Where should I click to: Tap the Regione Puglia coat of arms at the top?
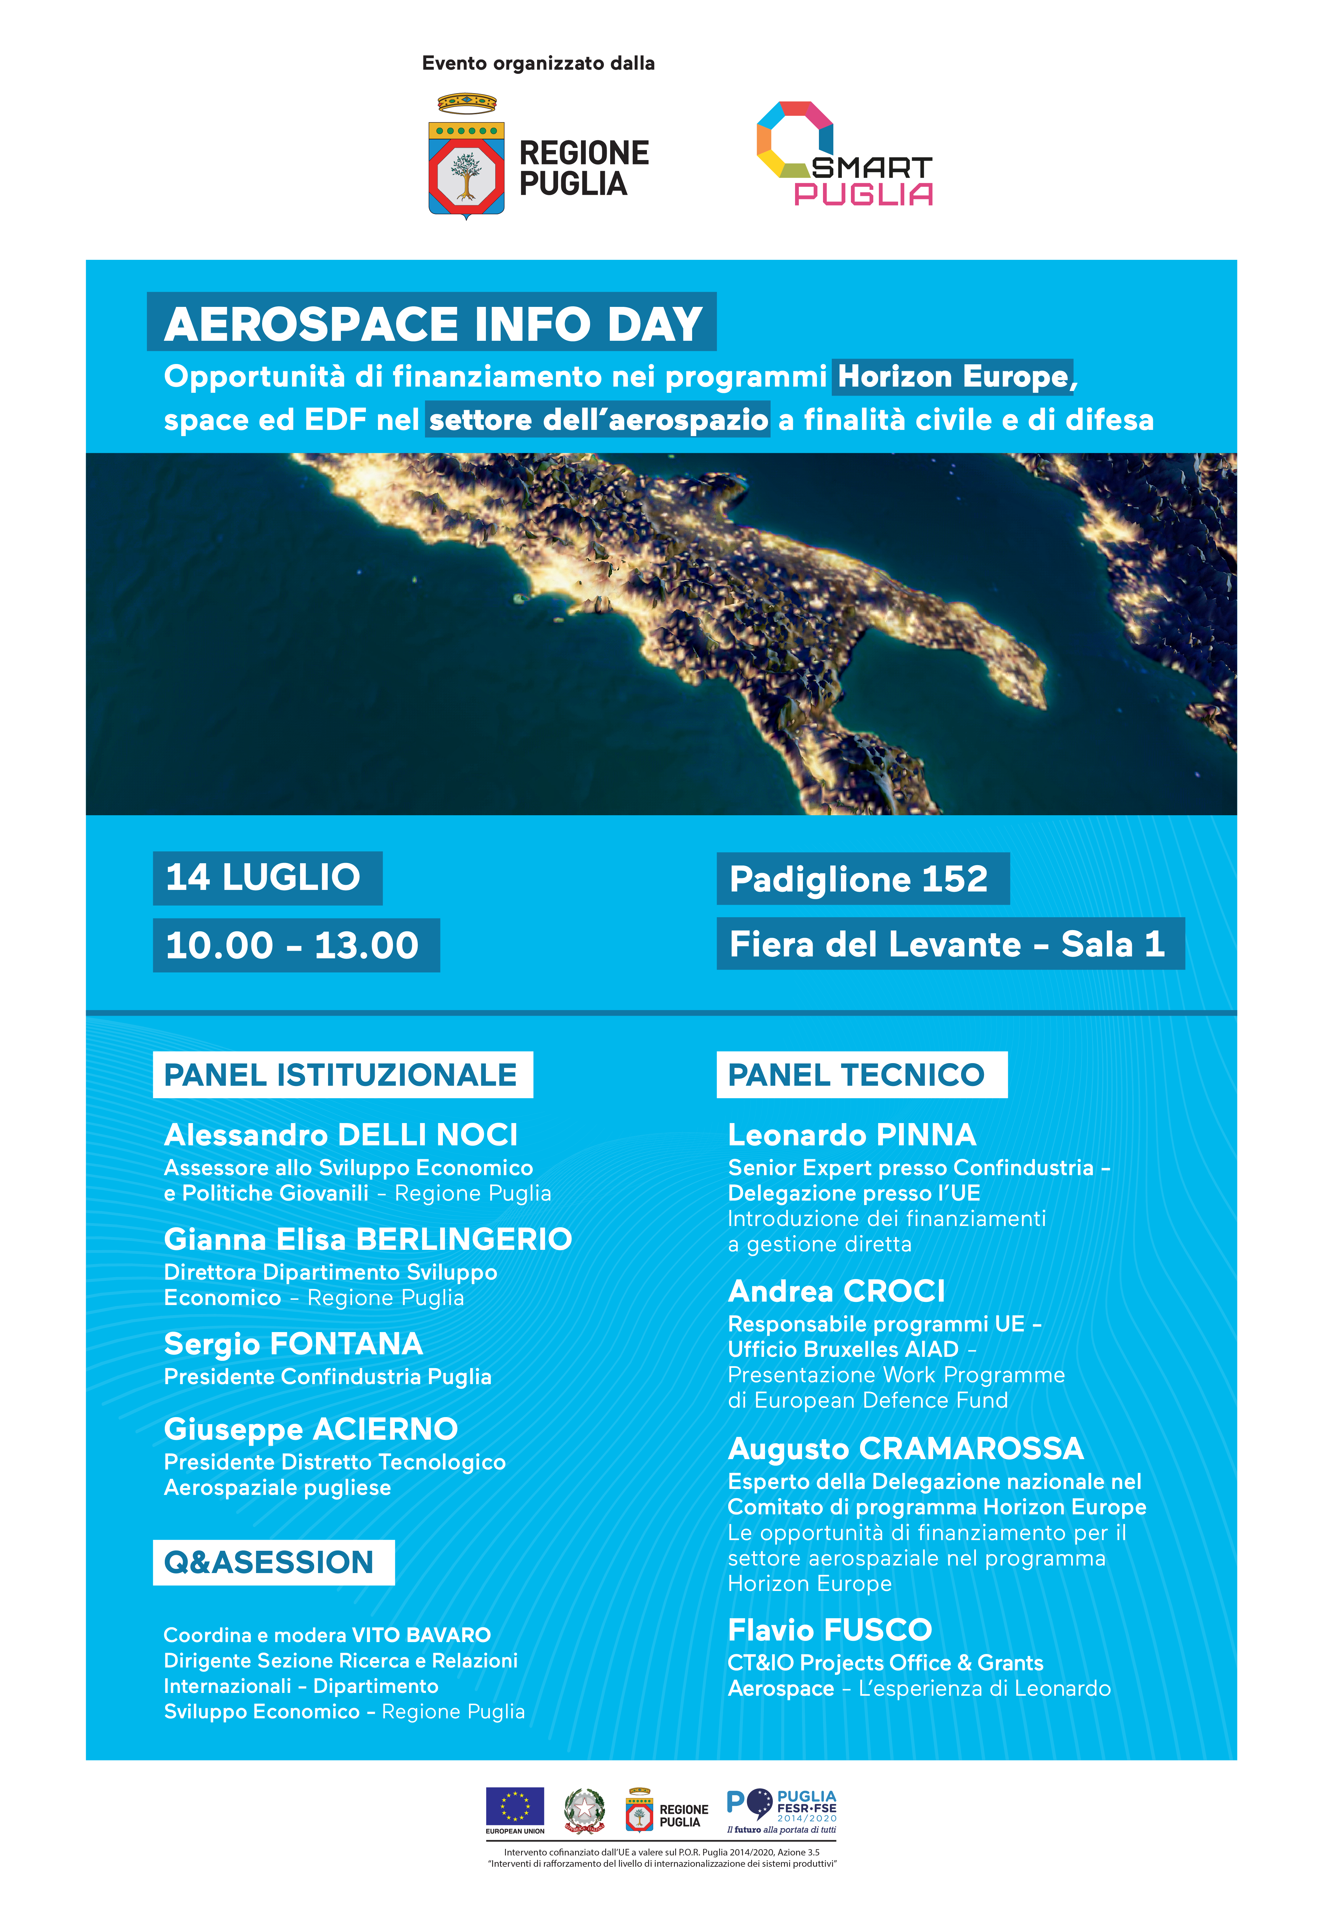[466, 158]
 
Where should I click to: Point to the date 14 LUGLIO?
[267, 878]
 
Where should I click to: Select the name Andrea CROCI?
[836, 1291]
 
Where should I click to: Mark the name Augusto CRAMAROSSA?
[905, 1448]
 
